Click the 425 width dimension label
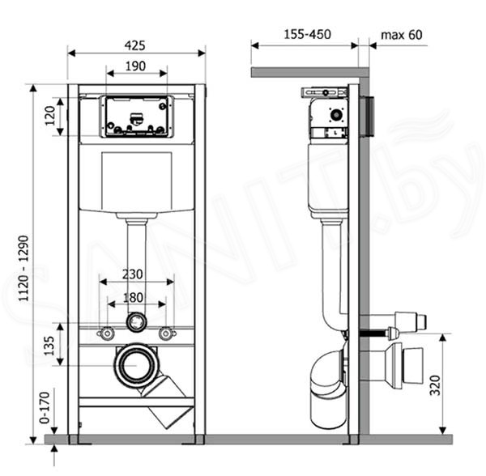click(134, 45)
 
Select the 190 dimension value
click(135, 66)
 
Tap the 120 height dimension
click(50, 115)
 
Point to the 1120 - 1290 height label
click(23, 268)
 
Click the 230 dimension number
click(132, 274)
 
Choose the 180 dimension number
click(133, 298)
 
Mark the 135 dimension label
click(49, 346)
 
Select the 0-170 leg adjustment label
click(45, 407)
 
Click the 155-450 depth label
click(308, 34)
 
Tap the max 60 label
click(402, 35)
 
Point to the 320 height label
click(435, 385)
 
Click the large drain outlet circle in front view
click(136, 365)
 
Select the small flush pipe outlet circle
click(136, 322)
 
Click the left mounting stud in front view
click(107, 334)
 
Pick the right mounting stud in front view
click(166, 334)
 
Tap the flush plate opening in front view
click(136, 117)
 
